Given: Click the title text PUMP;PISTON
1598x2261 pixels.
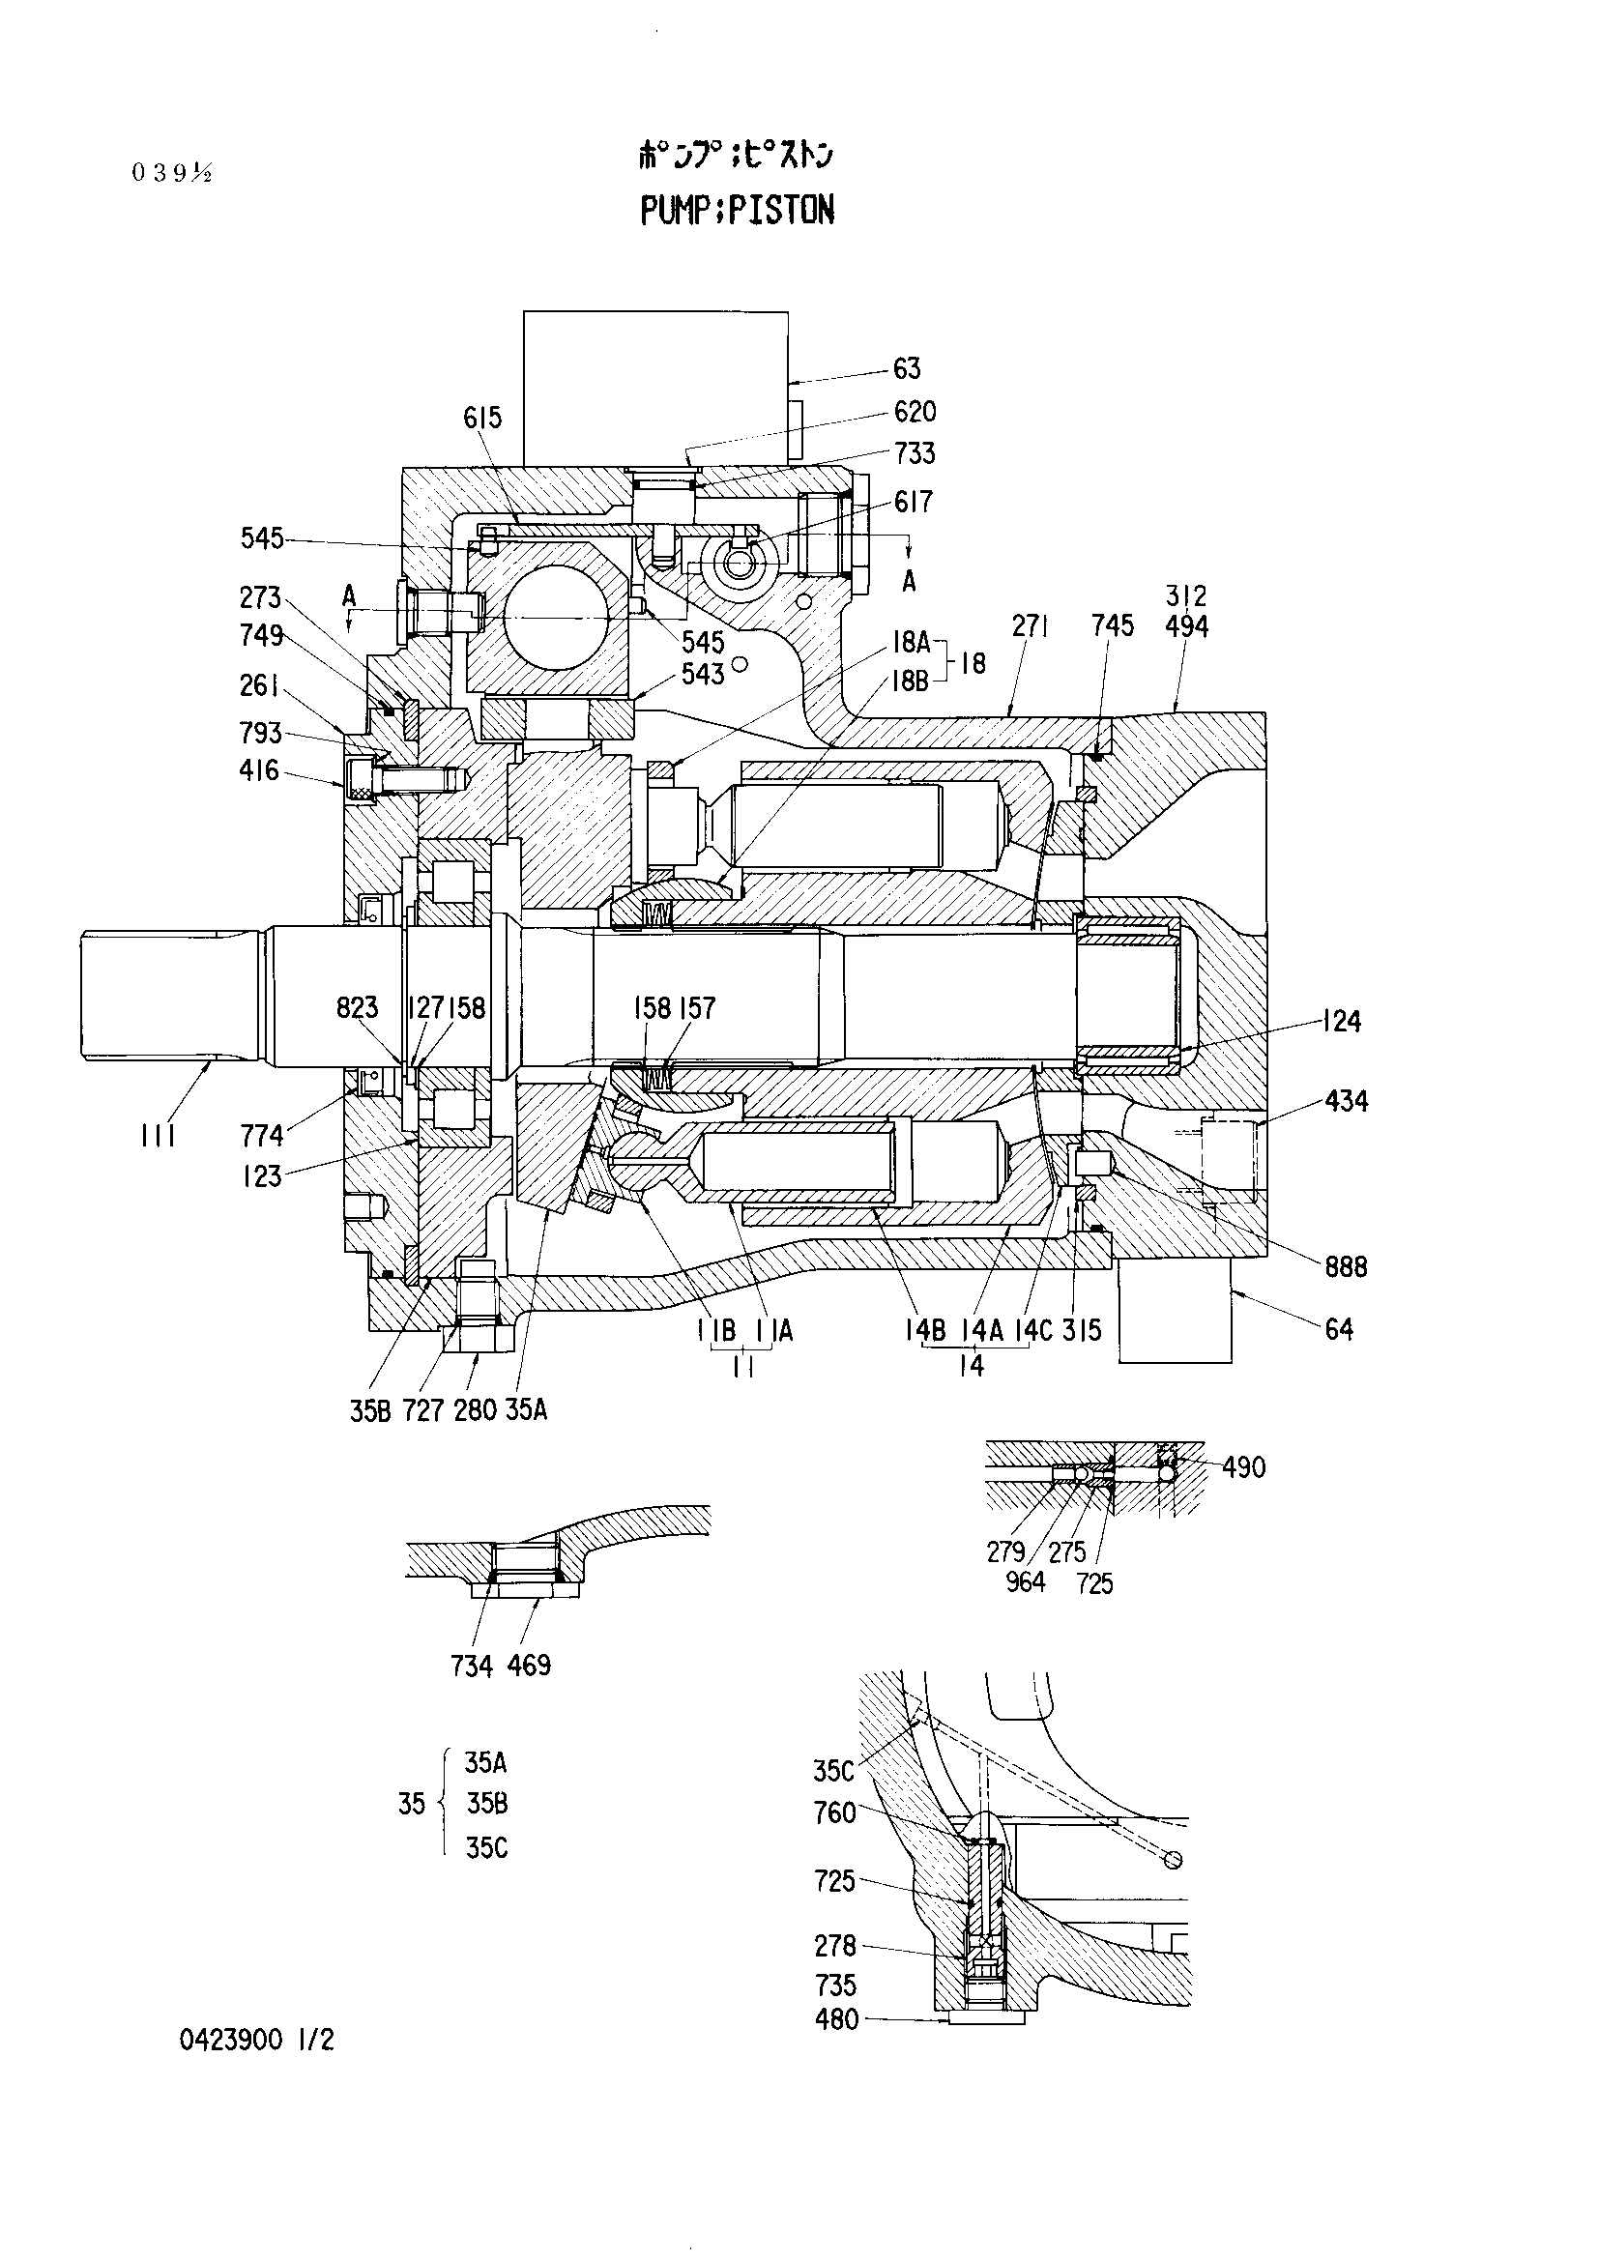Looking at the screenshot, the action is (738, 210).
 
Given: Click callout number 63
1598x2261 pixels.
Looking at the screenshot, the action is (907, 368).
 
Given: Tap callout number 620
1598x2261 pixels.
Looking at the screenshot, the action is (915, 412).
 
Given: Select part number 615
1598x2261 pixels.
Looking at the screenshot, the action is (482, 418).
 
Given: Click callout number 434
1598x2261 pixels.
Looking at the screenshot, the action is (1346, 1101).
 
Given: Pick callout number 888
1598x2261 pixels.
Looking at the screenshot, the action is (1346, 1266).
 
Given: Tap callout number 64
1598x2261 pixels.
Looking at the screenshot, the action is (1339, 1329).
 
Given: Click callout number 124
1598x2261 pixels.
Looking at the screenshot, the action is (1342, 1021).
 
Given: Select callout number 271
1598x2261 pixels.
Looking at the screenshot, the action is (1030, 626).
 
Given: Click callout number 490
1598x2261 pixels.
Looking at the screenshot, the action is (1243, 1467).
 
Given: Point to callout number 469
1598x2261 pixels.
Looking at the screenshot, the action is (530, 1666).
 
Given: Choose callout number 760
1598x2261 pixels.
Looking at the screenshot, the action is (835, 1812).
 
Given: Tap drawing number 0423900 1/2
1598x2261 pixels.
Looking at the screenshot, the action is (257, 2040).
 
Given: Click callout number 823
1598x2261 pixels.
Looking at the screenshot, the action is (357, 1007).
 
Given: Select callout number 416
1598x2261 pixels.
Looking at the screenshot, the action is (259, 770).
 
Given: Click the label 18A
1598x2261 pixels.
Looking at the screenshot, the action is (911, 643).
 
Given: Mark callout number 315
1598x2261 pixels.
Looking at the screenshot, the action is (1082, 1330).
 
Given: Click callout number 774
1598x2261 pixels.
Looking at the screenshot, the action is (262, 1137).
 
